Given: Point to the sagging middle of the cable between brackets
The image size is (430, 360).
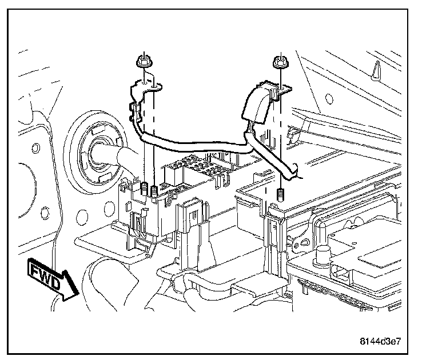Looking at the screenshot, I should tap(194, 147).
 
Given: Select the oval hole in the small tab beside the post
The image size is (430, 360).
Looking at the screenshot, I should tap(296, 246).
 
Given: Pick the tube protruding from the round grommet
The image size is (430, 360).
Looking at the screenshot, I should tap(120, 155).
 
